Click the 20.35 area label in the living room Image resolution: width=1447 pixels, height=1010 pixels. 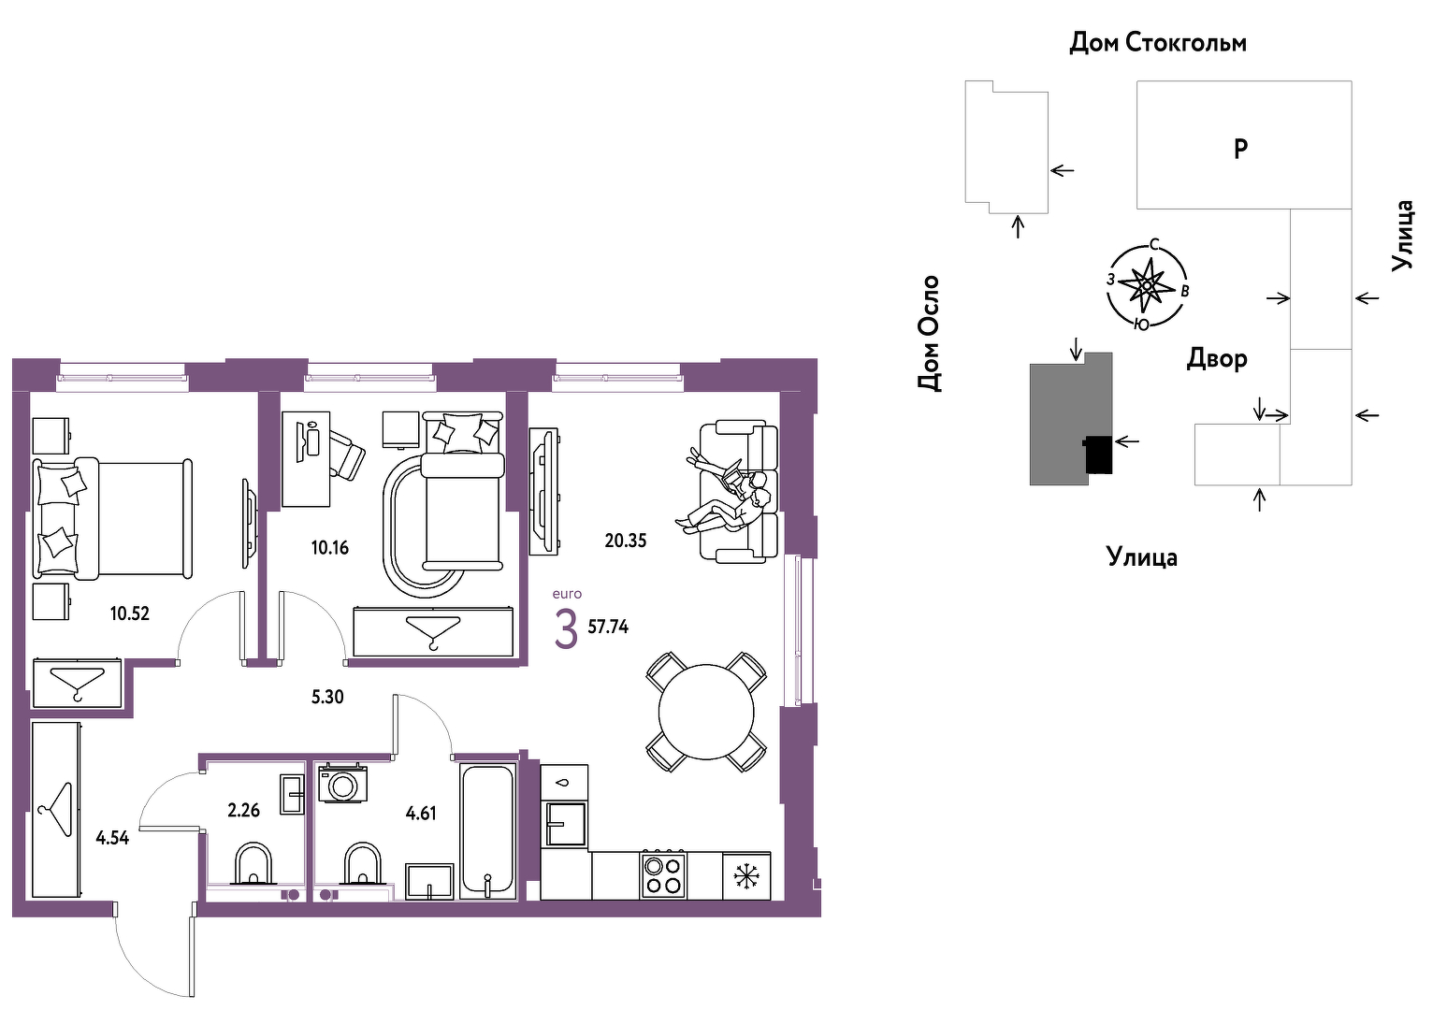pos(625,540)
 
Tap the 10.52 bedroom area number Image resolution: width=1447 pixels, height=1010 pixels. pos(129,613)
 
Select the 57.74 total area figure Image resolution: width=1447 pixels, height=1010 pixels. pos(608,627)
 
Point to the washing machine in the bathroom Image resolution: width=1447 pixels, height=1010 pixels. pos(342,783)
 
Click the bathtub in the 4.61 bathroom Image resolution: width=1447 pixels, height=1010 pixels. pos(488,830)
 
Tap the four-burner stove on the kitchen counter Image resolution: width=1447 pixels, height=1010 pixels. pos(663,874)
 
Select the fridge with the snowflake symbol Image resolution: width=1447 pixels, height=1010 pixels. pos(746,875)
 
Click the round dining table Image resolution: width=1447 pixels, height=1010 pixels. pos(706,712)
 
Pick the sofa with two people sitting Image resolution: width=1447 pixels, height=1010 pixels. pos(739,491)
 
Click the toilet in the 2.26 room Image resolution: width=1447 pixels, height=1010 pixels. pos(253,863)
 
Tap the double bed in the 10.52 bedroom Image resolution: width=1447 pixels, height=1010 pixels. pos(113,518)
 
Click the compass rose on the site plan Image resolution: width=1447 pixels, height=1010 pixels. pos(1148,285)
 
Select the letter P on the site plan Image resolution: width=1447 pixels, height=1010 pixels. pos(1240,150)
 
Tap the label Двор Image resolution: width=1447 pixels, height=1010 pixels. pos(1217,358)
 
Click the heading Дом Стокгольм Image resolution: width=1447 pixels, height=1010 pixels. pos(1158,43)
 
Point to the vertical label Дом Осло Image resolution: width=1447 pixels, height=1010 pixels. pos(929,333)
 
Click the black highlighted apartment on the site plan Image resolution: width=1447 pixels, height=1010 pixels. pos(1098,454)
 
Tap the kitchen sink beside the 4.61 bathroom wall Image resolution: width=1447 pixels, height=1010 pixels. pos(566,823)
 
